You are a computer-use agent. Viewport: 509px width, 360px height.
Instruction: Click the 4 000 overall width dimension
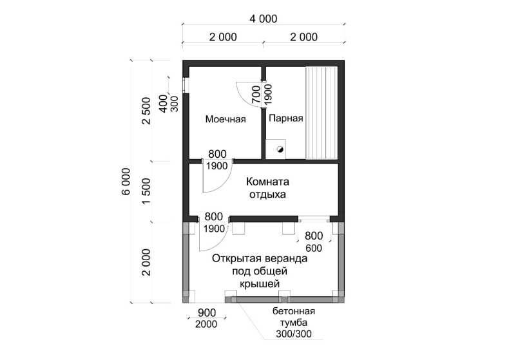[x=264, y=19]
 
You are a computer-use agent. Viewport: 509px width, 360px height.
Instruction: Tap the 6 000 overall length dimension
[x=126, y=182]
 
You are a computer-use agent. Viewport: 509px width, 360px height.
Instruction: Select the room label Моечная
[x=226, y=119]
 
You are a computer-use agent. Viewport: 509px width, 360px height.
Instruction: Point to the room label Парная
[x=286, y=118]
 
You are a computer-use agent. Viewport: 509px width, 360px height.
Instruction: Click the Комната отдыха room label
[x=267, y=188]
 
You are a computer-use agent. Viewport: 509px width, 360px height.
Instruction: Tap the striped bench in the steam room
[x=322, y=113]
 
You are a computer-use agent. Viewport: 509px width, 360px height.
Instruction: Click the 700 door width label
[x=256, y=95]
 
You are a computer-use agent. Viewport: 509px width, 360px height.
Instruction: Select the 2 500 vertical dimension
[x=146, y=111]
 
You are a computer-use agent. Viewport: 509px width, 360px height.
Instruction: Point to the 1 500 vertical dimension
[x=146, y=191]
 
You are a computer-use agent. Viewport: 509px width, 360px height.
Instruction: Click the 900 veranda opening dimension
[x=207, y=312]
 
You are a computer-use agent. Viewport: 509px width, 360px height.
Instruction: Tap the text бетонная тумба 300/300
[x=294, y=323]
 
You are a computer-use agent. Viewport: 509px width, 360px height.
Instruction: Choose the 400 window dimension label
[x=163, y=104]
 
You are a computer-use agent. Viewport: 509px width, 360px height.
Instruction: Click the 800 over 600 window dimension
[x=314, y=242]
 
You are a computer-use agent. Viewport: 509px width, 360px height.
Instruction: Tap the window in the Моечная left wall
[x=186, y=86]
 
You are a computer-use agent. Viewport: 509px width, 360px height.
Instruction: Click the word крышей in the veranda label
[x=260, y=284]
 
